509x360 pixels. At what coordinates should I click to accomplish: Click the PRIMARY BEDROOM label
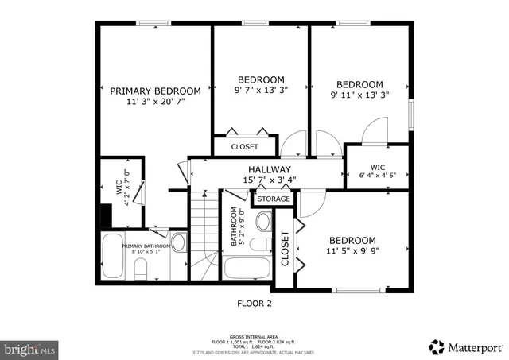[x=155, y=91]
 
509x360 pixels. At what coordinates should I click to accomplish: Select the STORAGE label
[x=273, y=199]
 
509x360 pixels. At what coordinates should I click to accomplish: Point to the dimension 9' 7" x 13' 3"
[x=261, y=91]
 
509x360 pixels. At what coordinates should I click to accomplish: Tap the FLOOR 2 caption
[x=254, y=303]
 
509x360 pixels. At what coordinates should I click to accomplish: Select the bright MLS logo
[x=30, y=348]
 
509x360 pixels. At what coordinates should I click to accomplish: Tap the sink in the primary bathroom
[x=179, y=242]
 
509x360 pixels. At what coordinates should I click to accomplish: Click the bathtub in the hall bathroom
[x=247, y=266]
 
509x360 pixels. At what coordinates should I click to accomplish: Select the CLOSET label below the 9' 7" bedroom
[x=244, y=147]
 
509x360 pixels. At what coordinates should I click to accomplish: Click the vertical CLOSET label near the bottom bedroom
[x=284, y=247]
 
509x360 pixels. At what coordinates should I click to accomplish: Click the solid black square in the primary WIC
[x=105, y=215]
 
